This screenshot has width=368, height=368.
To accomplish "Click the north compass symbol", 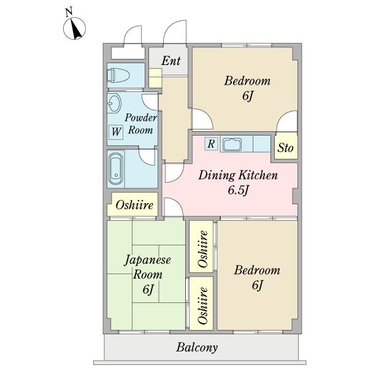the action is (x=74, y=29).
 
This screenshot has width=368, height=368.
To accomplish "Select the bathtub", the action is (x=116, y=169).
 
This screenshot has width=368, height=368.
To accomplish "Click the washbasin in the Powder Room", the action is (x=114, y=103).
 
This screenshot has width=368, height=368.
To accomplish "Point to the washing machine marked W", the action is (x=116, y=132).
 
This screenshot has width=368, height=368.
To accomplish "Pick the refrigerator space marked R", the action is (x=212, y=144).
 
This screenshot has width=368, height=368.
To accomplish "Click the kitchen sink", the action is (x=232, y=145).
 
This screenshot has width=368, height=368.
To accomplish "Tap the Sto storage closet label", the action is (x=285, y=148).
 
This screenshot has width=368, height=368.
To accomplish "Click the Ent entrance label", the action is (x=171, y=61).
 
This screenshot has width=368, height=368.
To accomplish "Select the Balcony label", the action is (x=197, y=348).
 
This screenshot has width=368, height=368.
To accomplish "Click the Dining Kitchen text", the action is (x=238, y=175).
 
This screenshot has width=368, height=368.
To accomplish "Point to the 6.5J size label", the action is (x=238, y=190).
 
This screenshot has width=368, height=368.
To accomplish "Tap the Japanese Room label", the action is (x=148, y=267).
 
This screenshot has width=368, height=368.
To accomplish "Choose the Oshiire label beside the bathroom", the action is (x=134, y=205).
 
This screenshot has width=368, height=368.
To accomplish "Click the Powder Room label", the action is (x=140, y=124).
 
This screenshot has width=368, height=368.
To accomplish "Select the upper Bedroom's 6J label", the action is (x=248, y=96).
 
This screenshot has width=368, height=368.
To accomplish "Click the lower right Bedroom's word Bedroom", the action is (x=257, y=270).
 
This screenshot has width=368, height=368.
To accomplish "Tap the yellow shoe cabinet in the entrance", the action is (x=155, y=78).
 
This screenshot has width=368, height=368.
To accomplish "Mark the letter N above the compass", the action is (x=69, y=12).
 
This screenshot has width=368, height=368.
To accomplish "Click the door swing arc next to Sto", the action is (x=285, y=117).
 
